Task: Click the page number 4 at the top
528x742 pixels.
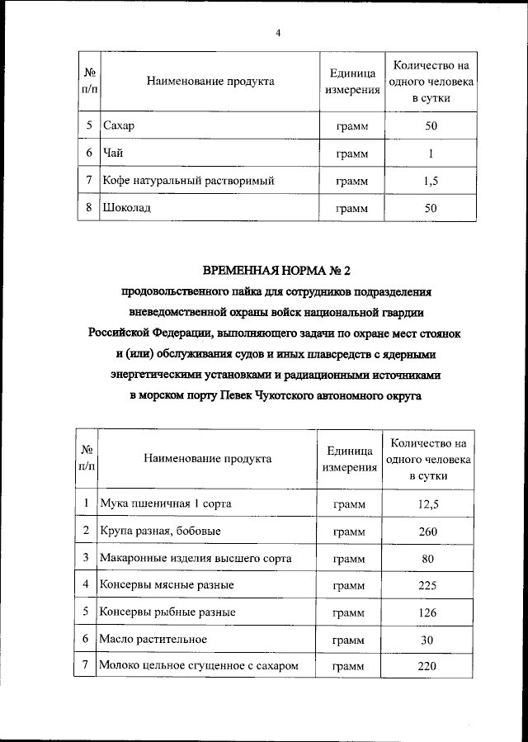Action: click(278, 33)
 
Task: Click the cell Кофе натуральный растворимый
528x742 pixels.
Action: click(188, 180)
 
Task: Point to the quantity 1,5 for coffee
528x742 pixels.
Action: click(430, 180)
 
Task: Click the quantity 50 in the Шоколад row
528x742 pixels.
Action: click(430, 208)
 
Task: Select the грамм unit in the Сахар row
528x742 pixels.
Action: click(351, 127)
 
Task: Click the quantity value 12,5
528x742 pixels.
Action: click(427, 503)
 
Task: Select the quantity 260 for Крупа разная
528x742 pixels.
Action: click(427, 531)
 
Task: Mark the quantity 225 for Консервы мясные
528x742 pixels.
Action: click(427, 585)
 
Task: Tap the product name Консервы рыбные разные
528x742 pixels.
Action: click(167, 612)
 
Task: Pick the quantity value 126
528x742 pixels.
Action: click(427, 612)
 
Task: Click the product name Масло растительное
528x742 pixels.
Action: click(152, 640)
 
